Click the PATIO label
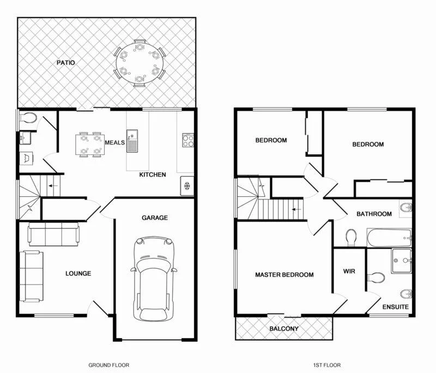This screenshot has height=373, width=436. pyautogui.click(x=66, y=63)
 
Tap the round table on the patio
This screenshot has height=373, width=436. pyautogui.click(x=140, y=63)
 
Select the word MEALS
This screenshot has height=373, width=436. pyautogui.click(x=116, y=142)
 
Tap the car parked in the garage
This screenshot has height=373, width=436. pyautogui.click(x=154, y=279)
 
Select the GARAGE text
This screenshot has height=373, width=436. pyautogui.click(x=155, y=218)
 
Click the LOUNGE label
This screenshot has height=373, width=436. pyautogui.click(x=78, y=273)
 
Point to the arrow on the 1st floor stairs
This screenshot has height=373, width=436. pyautogui.click(x=296, y=208)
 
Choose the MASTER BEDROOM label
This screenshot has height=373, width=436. pyautogui.click(x=284, y=275)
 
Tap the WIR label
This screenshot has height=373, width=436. pyautogui.click(x=349, y=270)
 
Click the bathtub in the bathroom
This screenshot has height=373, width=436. pyautogui.click(x=388, y=237)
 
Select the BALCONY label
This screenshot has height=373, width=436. pyautogui.click(x=284, y=329)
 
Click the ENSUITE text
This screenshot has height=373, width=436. pyautogui.click(x=395, y=307)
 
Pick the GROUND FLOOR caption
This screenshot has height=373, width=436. pyautogui.click(x=108, y=365)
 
